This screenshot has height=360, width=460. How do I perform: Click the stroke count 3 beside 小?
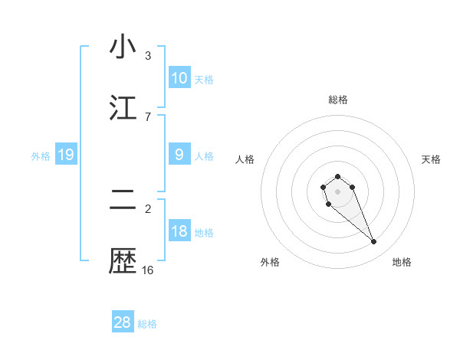click(148, 56)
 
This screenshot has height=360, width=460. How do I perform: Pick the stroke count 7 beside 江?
click(148, 116)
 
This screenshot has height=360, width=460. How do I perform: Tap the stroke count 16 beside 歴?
click(148, 270)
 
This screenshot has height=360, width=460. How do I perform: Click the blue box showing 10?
click(179, 78)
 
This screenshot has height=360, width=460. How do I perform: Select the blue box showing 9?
click(179, 155)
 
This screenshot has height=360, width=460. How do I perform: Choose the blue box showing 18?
click(179, 231)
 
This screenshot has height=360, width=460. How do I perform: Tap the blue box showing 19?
click(65, 155)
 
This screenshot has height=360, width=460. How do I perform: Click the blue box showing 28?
click(122, 322)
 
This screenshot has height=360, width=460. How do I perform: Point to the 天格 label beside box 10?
click(204, 80)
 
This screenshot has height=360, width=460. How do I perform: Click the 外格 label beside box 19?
click(41, 156)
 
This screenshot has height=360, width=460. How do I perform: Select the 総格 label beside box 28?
click(147, 324)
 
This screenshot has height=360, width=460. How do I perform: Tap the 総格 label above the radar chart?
click(337, 100)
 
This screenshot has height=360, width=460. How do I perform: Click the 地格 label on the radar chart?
click(402, 262)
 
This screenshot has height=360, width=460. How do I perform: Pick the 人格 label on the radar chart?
click(245, 159)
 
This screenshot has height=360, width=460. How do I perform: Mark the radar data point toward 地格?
click(374, 242)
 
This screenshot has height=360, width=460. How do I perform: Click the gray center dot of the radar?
click(337, 191)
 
